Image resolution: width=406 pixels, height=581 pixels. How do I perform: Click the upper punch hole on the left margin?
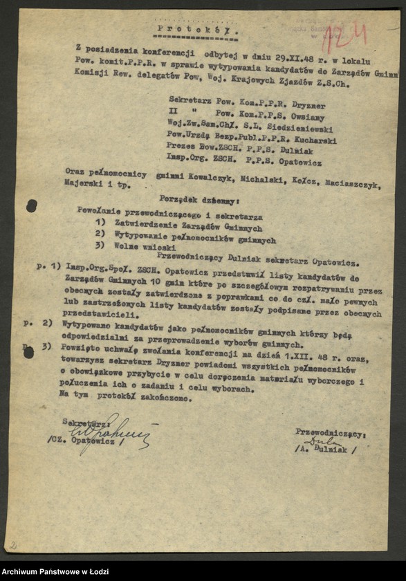(x=32, y=205)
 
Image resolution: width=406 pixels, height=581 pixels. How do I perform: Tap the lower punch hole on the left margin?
(x=28, y=352)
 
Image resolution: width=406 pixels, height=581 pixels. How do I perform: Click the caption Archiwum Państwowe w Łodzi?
(x=55, y=571)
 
